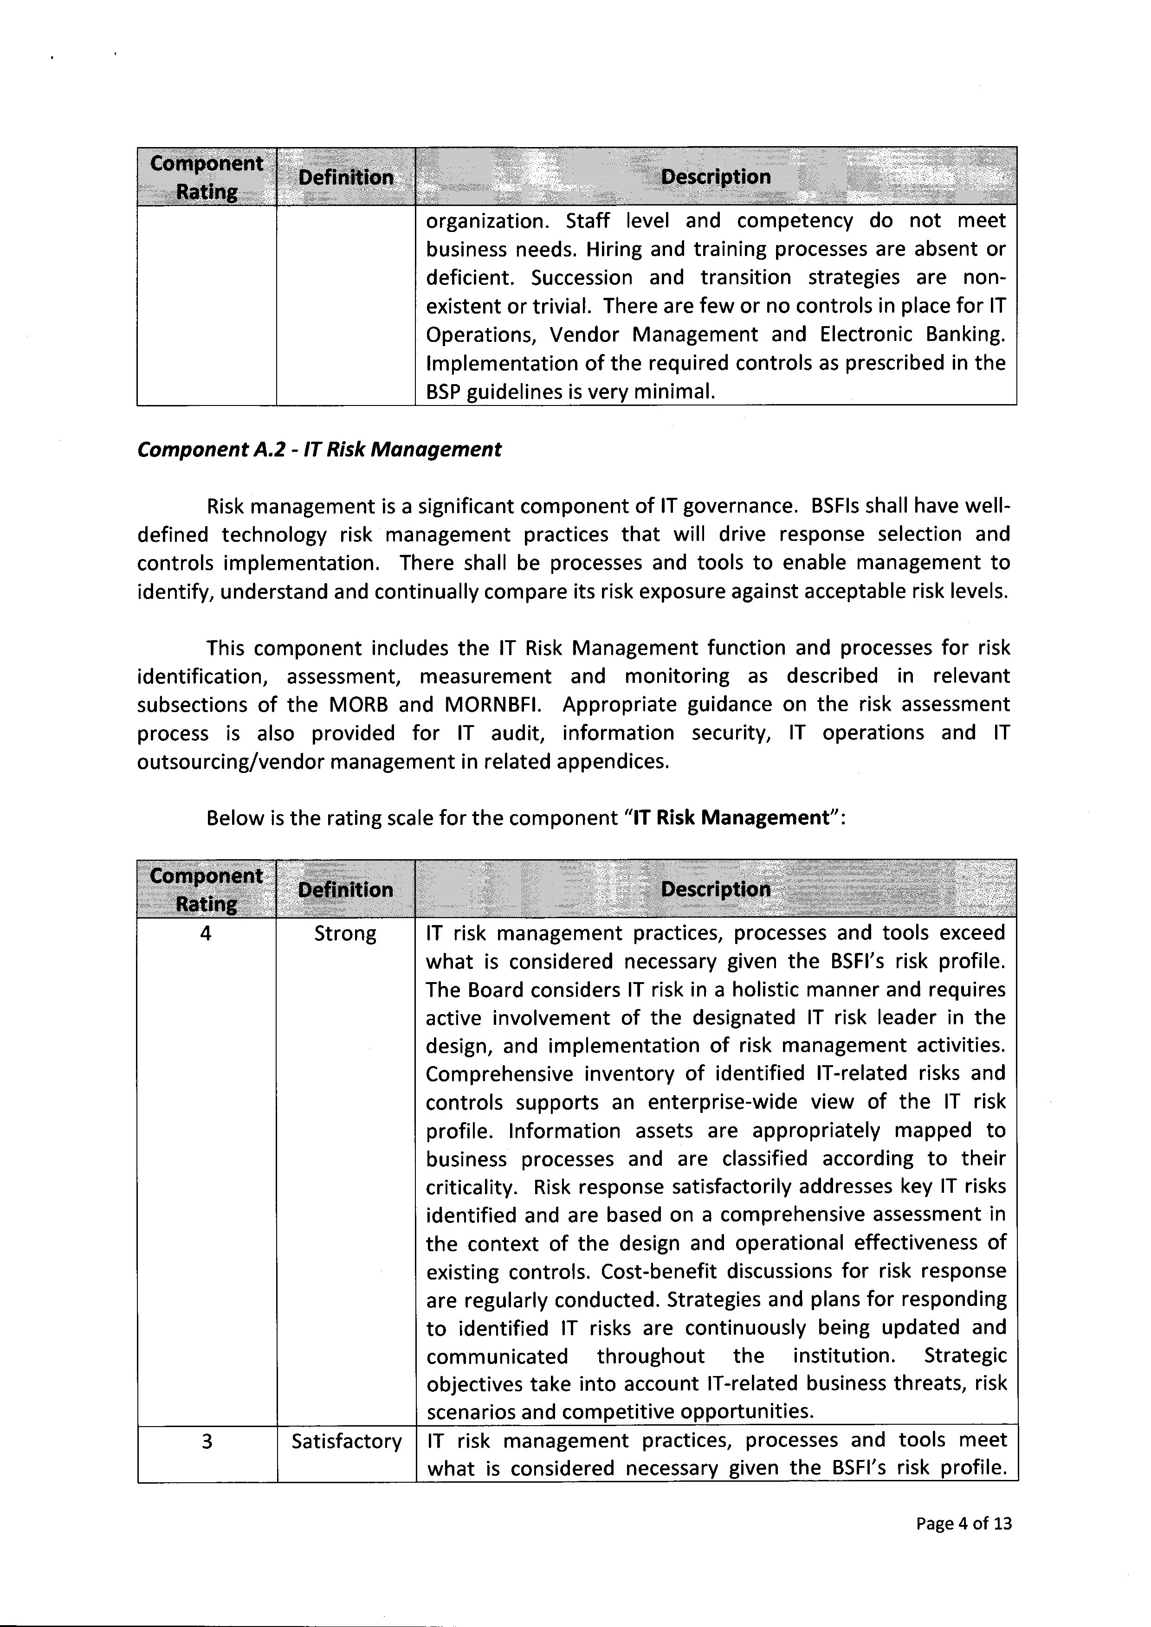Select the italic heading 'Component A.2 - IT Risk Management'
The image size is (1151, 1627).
coord(319,449)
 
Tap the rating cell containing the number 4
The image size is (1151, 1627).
coord(206,933)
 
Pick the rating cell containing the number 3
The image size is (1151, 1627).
coord(206,1441)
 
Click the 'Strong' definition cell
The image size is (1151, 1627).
coord(345,933)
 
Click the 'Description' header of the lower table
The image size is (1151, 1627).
coord(715,889)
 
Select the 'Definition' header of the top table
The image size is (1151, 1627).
coord(345,177)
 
